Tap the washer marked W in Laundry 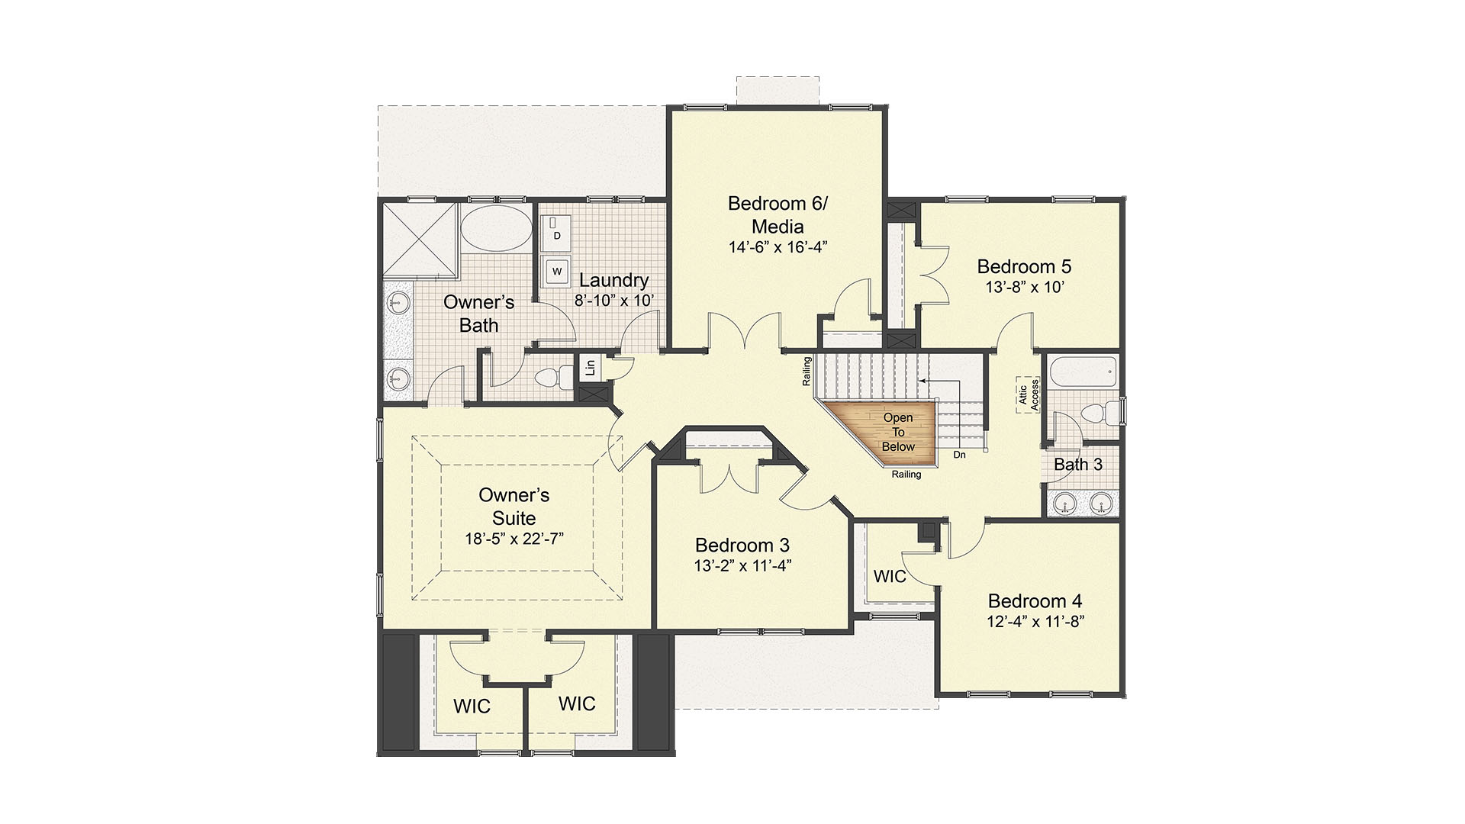pos(557,271)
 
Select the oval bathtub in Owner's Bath pos(495,228)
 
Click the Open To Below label pos(898,432)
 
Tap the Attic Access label pos(1028,394)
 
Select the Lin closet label pos(590,368)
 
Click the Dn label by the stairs pos(959,455)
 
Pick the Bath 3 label pos(1077,464)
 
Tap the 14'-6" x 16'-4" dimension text pos(778,247)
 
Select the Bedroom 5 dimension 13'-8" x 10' pos(1024,288)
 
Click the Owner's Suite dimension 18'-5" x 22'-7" pos(514,539)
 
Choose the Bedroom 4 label pos(1035,601)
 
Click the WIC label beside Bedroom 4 pos(890,576)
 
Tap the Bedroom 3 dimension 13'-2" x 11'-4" pos(742,566)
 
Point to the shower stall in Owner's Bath pos(419,239)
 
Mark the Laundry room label pos(613,280)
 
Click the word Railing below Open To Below pos(906,475)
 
